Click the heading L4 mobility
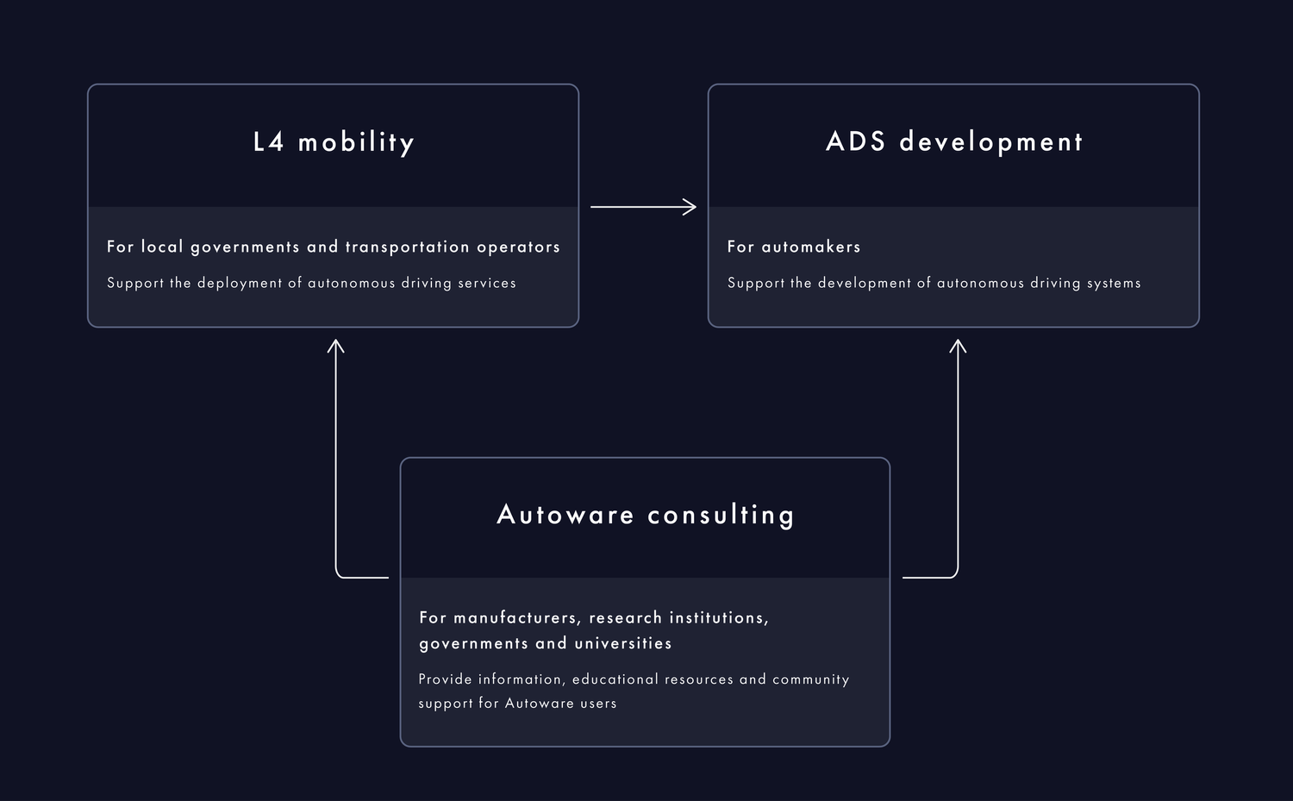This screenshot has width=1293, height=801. tap(334, 142)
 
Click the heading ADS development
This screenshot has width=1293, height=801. tap(954, 142)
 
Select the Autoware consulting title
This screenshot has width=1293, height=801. tap(646, 515)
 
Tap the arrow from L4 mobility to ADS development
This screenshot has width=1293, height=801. tap(642, 207)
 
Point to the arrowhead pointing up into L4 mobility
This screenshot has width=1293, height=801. tap(336, 346)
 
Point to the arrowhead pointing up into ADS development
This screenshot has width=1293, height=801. tap(958, 346)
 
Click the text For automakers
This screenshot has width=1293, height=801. tap(794, 247)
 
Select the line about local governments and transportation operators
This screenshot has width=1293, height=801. tap(334, 247)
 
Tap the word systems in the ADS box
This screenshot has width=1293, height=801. tap(1114, 283)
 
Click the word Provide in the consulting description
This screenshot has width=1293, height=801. tap(445, 679)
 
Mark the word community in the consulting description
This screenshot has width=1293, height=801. tap(810, 679)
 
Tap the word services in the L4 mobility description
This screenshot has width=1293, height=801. tap(487, 283)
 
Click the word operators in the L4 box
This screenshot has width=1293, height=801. tap(518, 247)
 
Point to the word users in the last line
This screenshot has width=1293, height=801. tap(598, 704)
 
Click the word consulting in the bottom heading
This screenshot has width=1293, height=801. tap(721, 515)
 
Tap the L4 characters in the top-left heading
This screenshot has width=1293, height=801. tap(268, 142)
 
